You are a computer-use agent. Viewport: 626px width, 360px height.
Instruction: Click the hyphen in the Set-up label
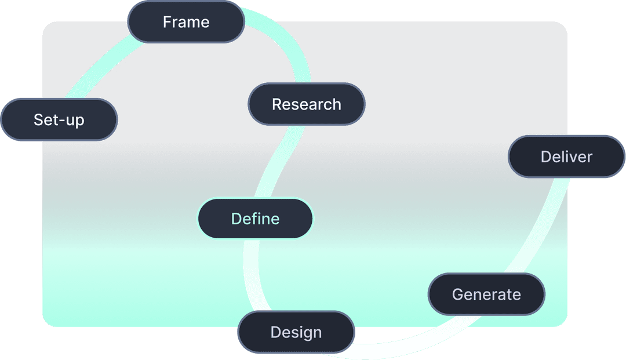pos(59,121)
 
